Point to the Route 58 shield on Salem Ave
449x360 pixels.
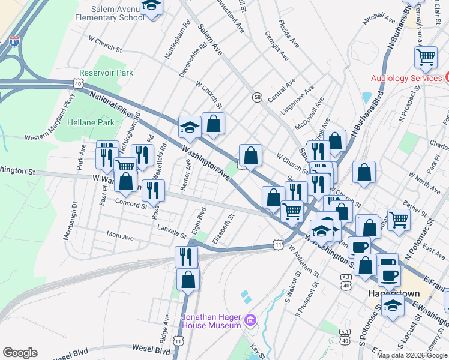(x=257, y=97)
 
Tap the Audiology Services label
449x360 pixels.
(x=406, y=78)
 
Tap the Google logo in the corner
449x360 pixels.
(x=20, y=352)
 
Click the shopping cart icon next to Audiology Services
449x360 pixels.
(x=426, y=58)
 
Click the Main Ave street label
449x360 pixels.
(x=120, y=237)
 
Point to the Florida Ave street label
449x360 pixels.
(x=288, y=34)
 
